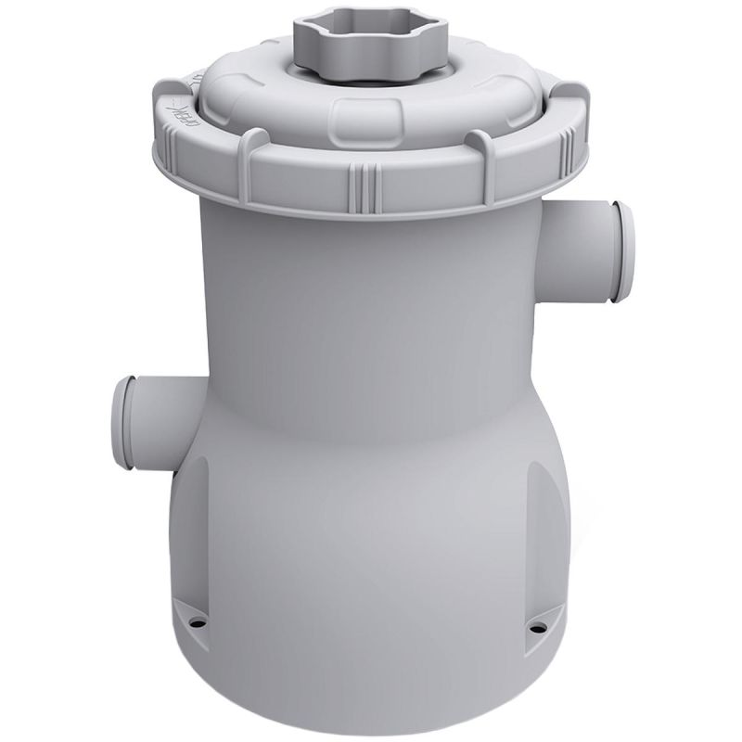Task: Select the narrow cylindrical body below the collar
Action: pos(371,297)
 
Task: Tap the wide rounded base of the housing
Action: pos(371,519)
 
